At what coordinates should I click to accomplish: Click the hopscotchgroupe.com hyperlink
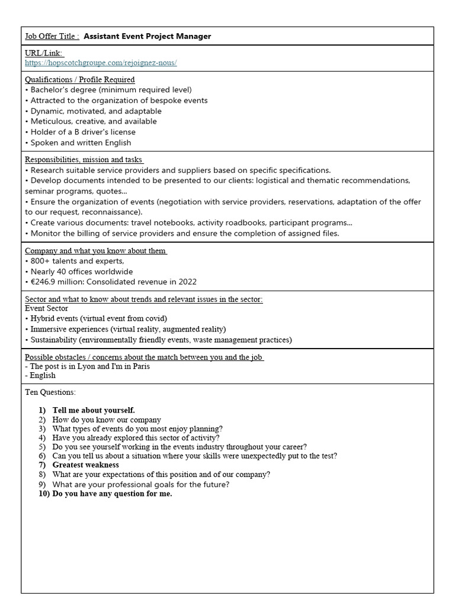[x=101, y=63]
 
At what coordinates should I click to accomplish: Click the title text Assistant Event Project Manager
[x=147, y=36]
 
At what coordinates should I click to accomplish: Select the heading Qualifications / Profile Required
[x=79, y=79]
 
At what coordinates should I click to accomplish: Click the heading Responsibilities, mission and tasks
[x=84, y=159]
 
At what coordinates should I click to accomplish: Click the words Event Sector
[x=46, y=308]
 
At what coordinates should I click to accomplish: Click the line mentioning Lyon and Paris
[x=87, y=366]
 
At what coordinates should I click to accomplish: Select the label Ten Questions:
[x=50, y=392]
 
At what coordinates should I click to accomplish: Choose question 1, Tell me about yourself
[x=94, y=410]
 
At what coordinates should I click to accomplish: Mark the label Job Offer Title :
[x=52, y=36]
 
